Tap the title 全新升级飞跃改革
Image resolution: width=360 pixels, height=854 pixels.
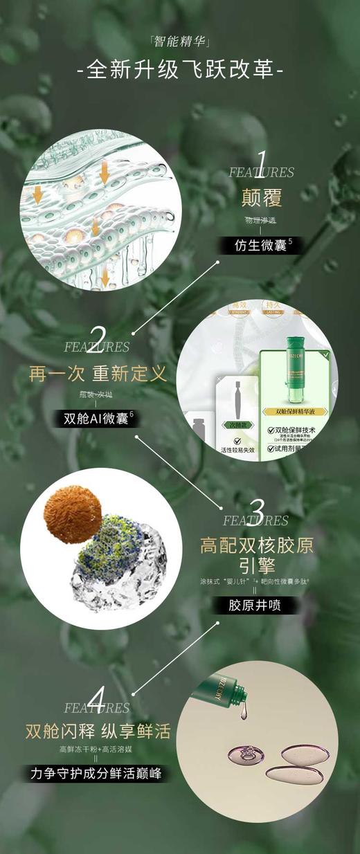pos(180,71)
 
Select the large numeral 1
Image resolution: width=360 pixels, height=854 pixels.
pos(261,161)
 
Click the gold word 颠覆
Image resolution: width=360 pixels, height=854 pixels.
pos(261,199)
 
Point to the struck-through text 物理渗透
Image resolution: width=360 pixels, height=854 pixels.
pos(260,221)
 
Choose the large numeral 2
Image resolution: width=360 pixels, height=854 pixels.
pos(98,336)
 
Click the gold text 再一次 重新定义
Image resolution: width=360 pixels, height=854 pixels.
pos(98,374)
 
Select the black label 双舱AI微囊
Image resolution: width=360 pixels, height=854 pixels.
pos(98,418)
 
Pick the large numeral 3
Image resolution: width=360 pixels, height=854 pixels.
pos(256,511)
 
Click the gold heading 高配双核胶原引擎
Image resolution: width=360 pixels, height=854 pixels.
pos(256,556)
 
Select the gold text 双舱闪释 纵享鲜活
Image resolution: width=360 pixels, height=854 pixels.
pos(98,731)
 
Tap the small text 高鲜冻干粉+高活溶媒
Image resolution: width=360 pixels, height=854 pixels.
pos(97,750)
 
